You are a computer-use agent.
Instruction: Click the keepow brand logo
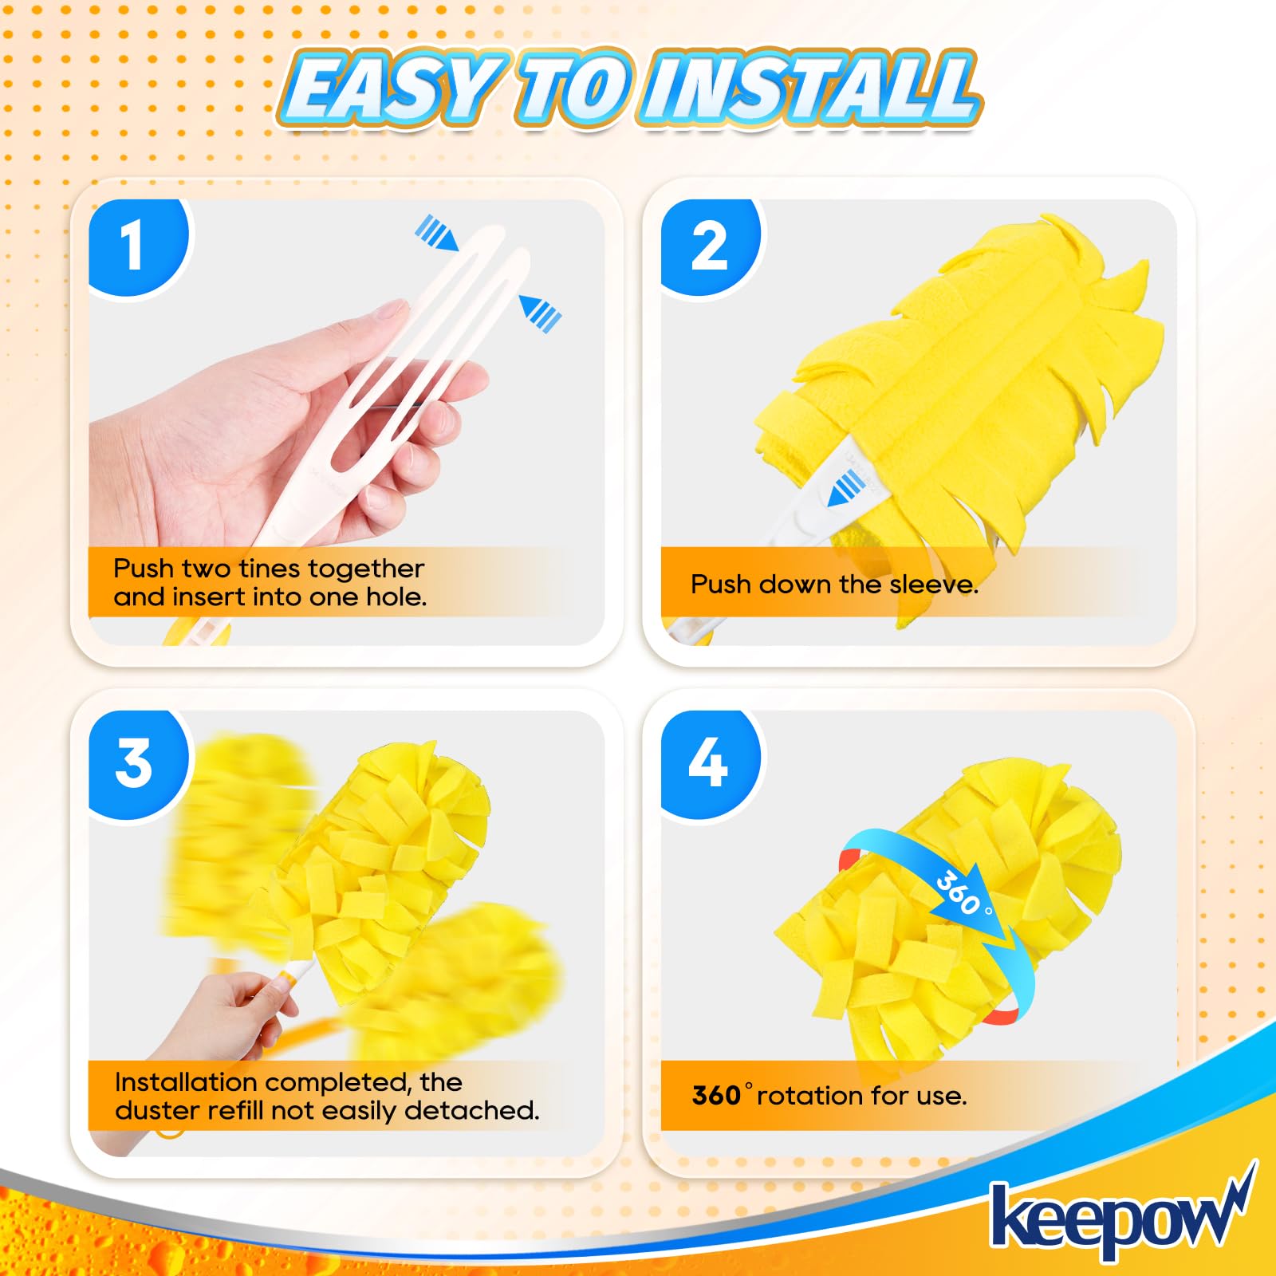point(1116,1216)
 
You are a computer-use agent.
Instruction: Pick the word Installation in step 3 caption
point(186,1082)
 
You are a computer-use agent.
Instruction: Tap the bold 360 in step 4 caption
point(716,1096)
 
